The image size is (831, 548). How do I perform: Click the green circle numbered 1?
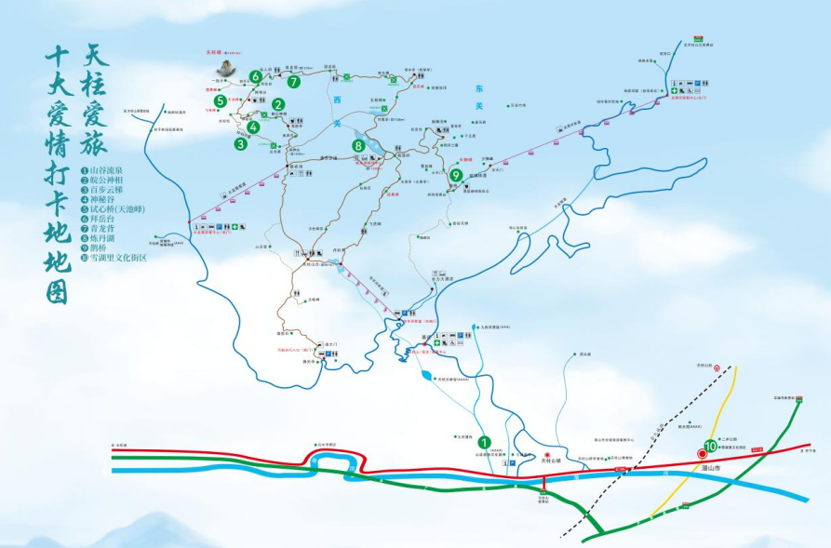tap(483, 441)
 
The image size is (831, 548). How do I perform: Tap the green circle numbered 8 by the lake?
tap(358, 145)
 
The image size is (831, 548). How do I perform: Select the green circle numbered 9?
tap(456, 175)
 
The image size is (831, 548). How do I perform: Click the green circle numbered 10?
tap(710, 447)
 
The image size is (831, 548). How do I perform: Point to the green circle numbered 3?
tap(241, 143)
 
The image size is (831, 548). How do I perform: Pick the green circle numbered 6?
tap(254, 76)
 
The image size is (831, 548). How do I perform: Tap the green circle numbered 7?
tap(294, 82)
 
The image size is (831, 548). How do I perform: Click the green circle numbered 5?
tap(221, 101)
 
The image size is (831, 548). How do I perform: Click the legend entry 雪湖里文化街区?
tap(115, 257)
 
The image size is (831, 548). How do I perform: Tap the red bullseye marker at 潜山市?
tap(701, 454)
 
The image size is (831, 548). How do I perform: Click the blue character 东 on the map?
tap(479, 88)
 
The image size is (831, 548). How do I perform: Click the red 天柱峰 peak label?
tap(215, 53)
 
